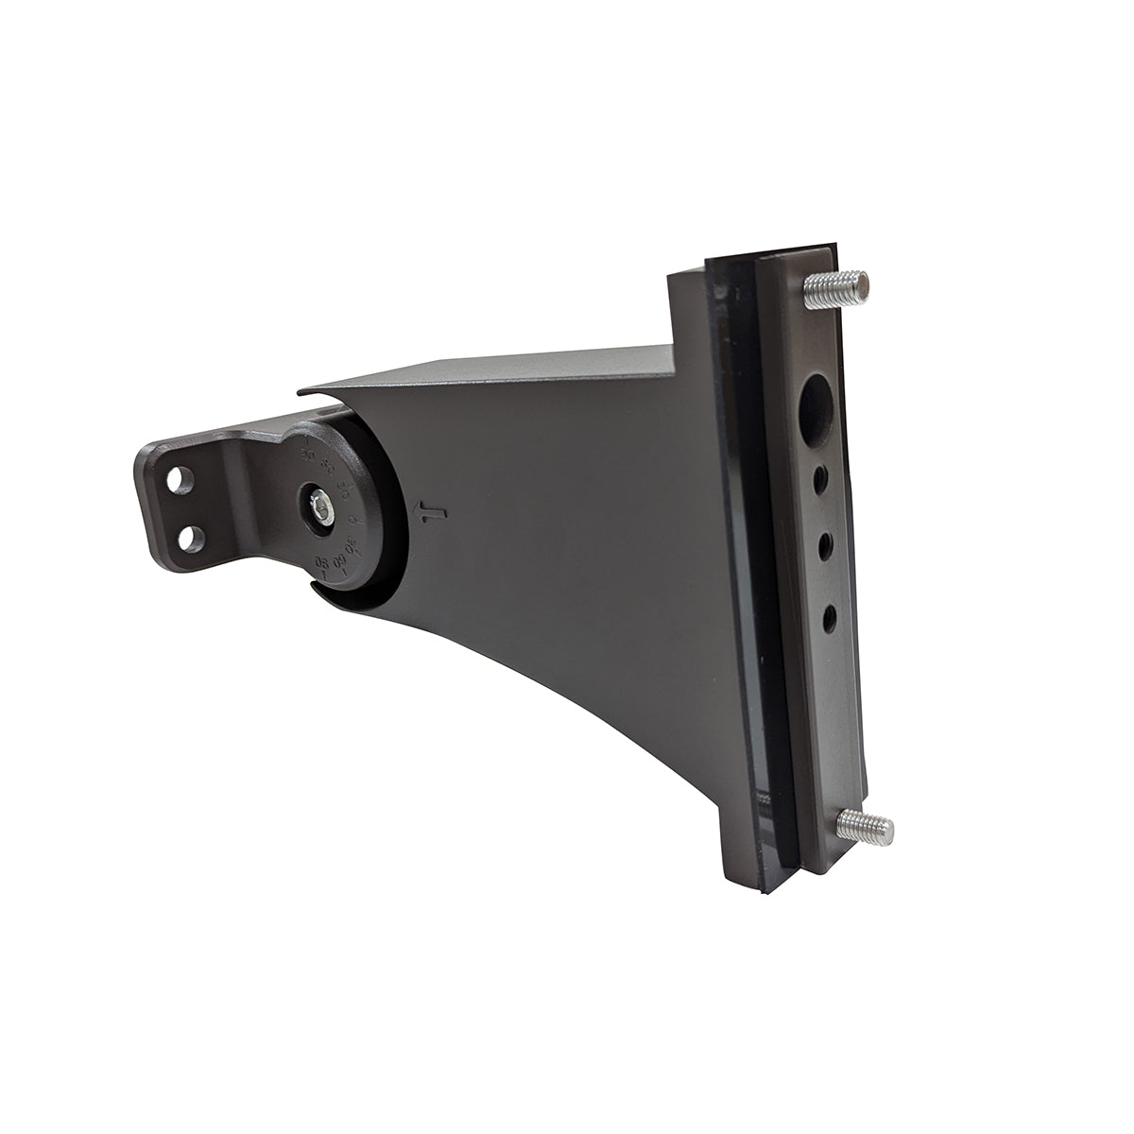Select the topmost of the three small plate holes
point(821,480)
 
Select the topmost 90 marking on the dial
point(307,455)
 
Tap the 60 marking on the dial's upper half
point(328,466)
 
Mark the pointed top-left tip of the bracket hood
point(301,389)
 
